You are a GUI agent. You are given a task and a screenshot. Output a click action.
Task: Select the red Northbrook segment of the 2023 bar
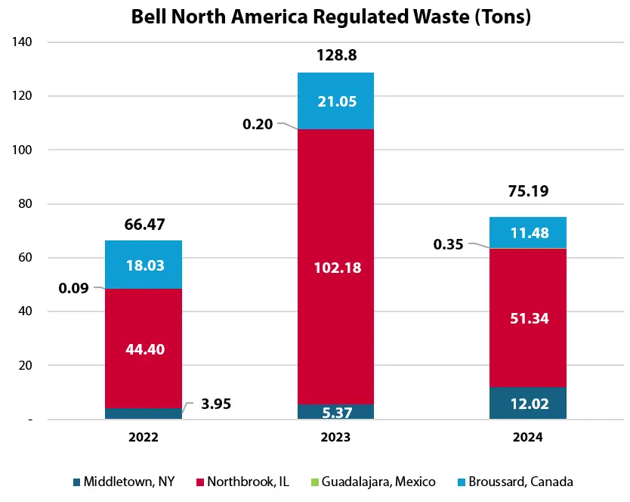coord(335,227)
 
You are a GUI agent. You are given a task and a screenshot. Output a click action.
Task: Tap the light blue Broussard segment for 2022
coord(144,265)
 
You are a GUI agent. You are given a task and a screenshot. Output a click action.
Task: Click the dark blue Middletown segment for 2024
coord(528,403)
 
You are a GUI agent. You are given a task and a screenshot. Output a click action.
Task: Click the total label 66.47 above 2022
coord(144,225)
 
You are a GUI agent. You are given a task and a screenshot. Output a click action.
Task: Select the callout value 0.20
coord(258,122)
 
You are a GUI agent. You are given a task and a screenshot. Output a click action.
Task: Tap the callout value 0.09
coord(73,288)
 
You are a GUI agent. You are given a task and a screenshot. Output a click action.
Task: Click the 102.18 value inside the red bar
coord(335,267)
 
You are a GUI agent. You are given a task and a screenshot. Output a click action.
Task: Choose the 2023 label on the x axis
coord(335,437)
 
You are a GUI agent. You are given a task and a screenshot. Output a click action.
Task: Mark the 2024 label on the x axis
coord(528,437)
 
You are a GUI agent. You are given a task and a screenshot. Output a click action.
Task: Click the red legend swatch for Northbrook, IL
coord(200,482)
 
